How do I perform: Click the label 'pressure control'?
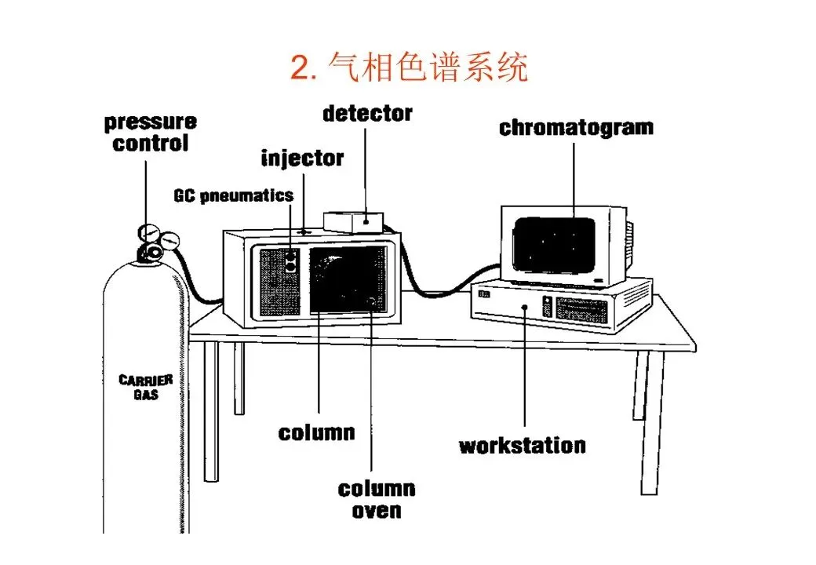coord(151,133)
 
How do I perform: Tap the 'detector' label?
coord(367,114)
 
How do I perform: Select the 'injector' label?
coord(302,159)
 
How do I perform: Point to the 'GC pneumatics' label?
coord(233,195)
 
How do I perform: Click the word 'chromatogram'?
coord(576,128)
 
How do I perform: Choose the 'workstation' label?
coord(522,446)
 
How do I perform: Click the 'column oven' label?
coord(376,500)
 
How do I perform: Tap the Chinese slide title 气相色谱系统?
coord(428,69)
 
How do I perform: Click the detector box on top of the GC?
coord(353,222)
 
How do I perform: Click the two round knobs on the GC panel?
coord(292,261)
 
